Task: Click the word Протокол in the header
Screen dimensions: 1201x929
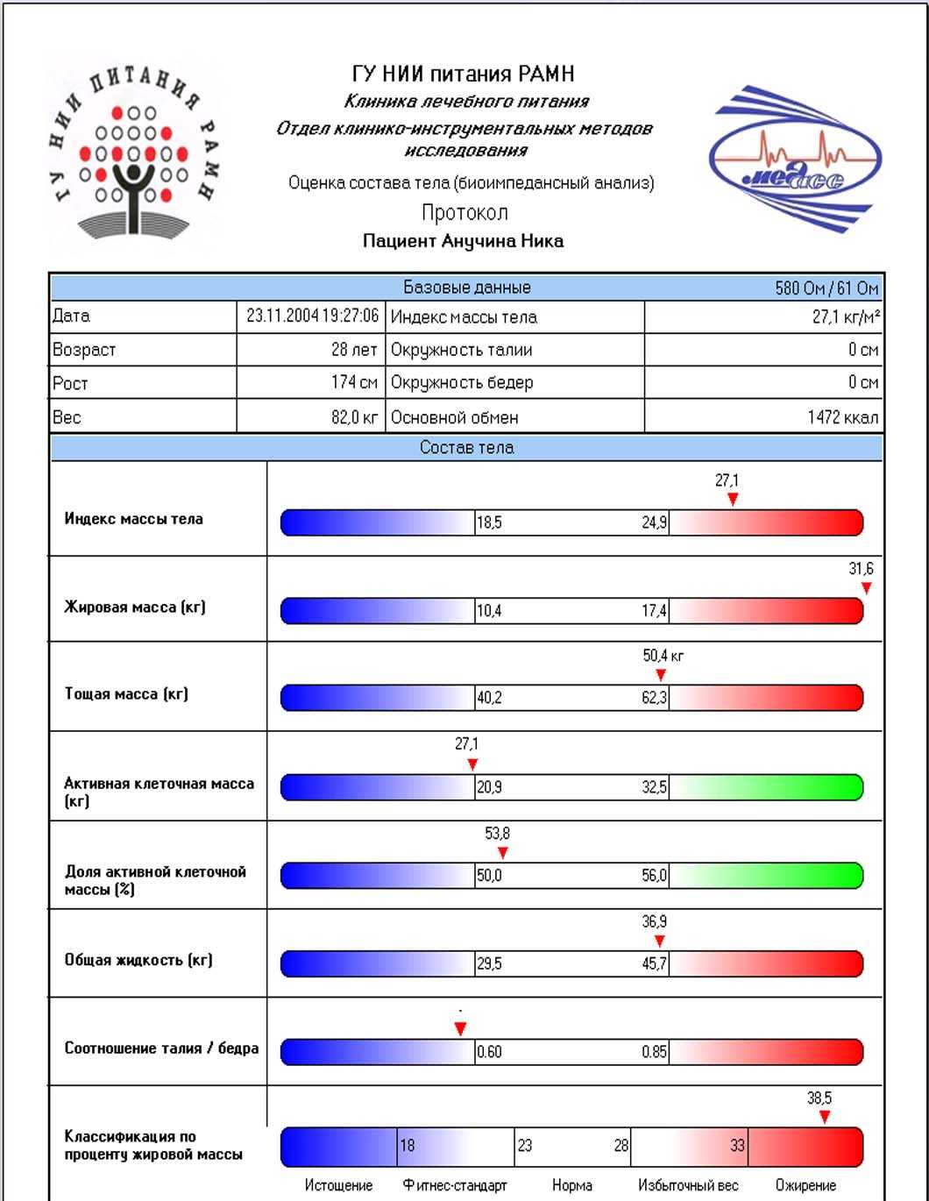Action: click(x=464, y=213)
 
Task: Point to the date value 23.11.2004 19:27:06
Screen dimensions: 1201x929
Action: click(x=312, y=316)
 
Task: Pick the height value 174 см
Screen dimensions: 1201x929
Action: click(x=354, y=382)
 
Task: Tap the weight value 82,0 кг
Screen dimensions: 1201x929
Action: click(x=354, y=417)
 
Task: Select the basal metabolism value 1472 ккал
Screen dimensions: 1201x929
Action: click(x=842, y=417)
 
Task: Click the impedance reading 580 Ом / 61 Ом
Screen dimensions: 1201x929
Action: click(x=826, y=288)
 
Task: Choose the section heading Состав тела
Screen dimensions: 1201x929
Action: click(x=466, y=448)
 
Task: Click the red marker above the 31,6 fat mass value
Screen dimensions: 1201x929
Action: click(x=866, y=588)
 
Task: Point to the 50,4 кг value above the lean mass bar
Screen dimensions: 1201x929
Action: click(x=663, y=656)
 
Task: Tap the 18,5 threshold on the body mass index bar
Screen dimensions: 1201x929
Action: click(x=489, y=523)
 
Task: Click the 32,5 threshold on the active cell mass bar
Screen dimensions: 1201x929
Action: click(x=654, y=788)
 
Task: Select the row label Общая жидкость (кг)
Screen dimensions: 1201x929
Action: click(x=138, y=960)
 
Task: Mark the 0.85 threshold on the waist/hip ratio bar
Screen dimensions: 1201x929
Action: click(x=654, y=1052)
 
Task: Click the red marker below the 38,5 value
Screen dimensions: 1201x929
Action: click(x=824, y=1117)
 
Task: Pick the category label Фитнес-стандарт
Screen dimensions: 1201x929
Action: click(x=455, y=1185)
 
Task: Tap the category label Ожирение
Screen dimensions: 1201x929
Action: click(x=805, y=1185)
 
